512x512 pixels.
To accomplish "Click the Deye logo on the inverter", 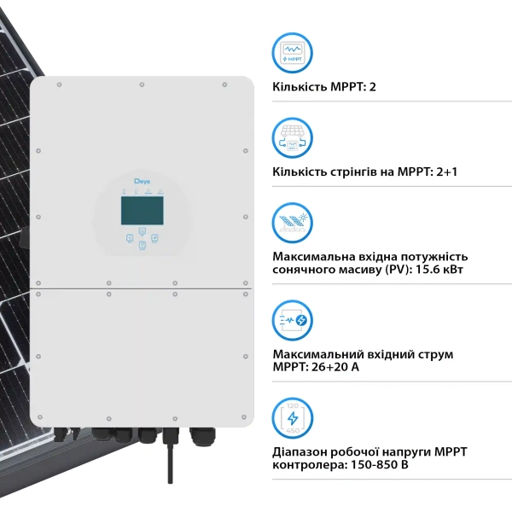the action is coord(142,181).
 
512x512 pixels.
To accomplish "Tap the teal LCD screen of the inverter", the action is coord(142,211).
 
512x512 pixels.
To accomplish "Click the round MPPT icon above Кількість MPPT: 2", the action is coord(292,53).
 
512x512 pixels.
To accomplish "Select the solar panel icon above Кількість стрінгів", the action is coord(292,138).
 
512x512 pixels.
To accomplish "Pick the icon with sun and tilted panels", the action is coord(292,223).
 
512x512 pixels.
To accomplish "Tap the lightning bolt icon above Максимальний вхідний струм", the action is coord(292,320).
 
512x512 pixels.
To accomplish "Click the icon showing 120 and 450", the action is coord(292,418).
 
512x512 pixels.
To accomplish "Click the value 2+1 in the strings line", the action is coord(446,172).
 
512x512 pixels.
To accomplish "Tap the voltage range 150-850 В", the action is coord(380,465).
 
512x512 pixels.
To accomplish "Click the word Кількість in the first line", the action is coord(300,87).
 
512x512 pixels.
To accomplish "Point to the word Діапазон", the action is coord(300,452).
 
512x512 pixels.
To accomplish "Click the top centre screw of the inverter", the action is coord(142,84).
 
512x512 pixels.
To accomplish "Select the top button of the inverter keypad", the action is coord(143,231).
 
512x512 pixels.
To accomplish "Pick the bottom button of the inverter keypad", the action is coord(142,245).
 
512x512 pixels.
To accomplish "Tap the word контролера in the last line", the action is coord(310,465).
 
